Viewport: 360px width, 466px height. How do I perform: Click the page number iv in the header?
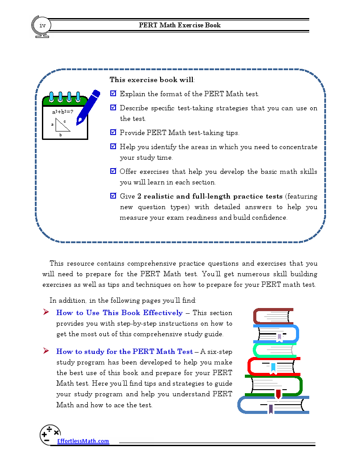42,25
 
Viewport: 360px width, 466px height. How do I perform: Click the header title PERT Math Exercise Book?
180,25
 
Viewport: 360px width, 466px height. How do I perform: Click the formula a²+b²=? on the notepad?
63,112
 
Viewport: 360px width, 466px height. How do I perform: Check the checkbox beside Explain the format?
113,94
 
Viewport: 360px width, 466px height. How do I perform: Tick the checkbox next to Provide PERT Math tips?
113,132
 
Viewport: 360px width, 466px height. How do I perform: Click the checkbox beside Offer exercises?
113,171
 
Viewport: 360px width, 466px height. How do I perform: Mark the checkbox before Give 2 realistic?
113,196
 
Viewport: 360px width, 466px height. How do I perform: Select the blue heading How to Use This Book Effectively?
119,313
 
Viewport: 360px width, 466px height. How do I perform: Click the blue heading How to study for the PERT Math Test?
124,352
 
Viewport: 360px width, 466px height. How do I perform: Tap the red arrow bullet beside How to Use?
45,312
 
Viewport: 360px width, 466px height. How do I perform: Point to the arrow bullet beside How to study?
45,351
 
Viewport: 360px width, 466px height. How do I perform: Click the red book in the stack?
274,365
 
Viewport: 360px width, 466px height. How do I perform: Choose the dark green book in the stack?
274,386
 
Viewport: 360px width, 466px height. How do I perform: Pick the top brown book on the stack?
273,316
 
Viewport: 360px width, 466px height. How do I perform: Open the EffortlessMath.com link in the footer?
83,441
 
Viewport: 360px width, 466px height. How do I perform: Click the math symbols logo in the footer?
49,434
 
